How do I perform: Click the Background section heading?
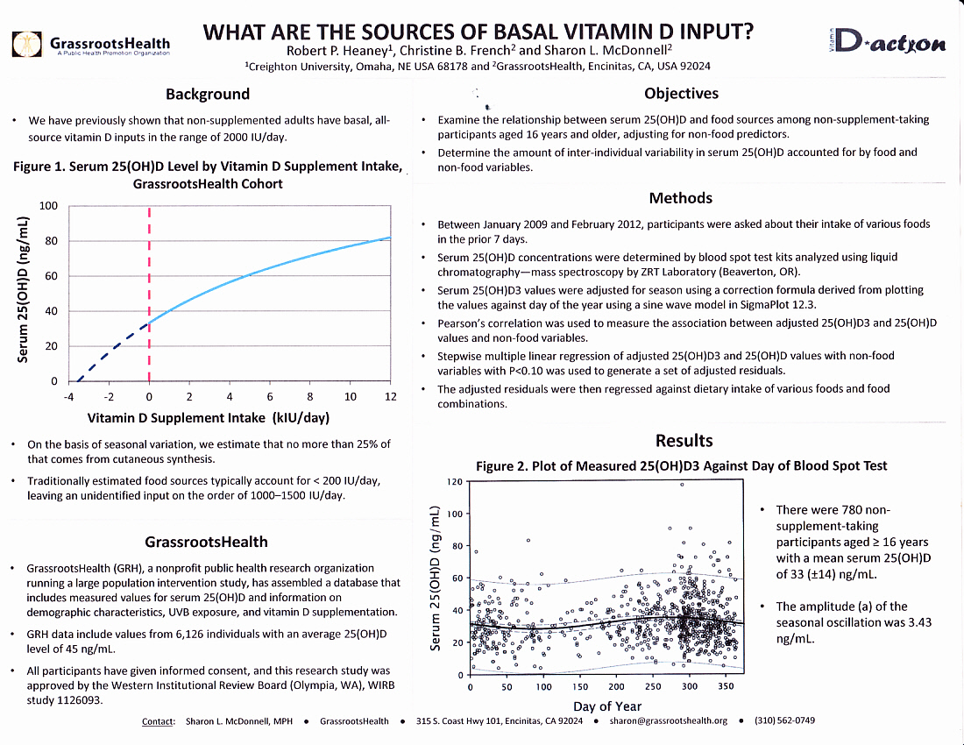(x=208, y=94)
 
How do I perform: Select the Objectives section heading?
(x=681, y=93)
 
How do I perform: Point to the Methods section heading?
(x=681, y=198)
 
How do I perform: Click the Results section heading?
(x=684, y=440)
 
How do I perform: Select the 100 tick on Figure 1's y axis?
(x=49, y=206)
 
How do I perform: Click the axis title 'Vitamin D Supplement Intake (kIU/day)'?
(x=209, y=418)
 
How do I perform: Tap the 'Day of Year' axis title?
(x=606, y=706)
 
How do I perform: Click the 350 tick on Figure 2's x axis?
(x=725, y=688)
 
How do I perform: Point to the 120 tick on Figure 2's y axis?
(x=455, y=481)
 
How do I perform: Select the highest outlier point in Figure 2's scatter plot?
(x=681, y=484)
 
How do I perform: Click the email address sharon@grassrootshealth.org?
(x=668, y=721)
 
